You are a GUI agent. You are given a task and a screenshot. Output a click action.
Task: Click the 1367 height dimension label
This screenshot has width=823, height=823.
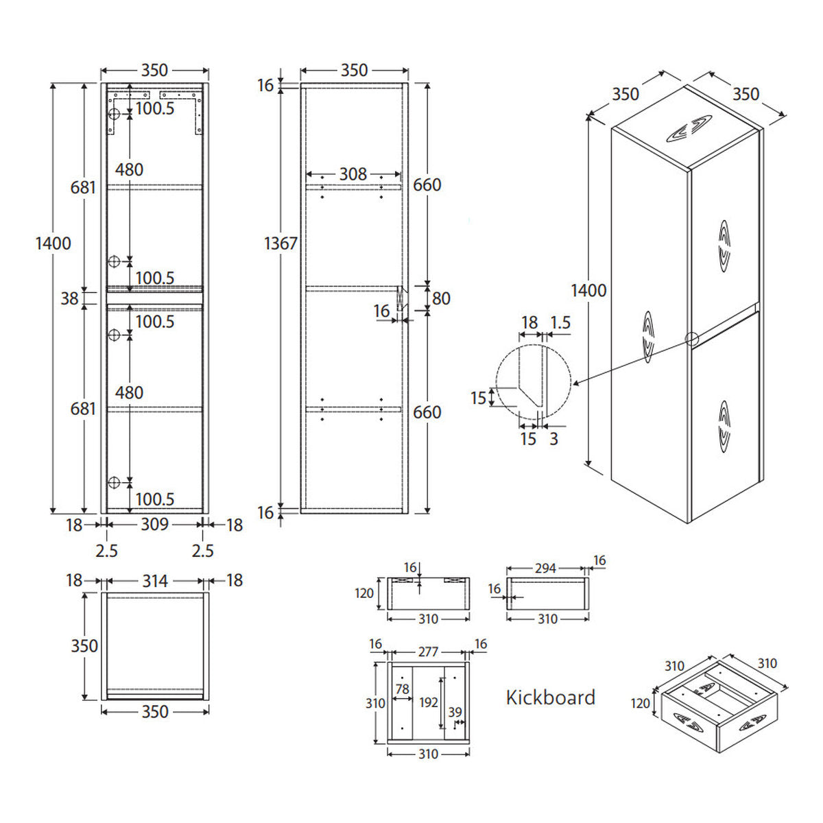pyautogui.click(x=281, y=243)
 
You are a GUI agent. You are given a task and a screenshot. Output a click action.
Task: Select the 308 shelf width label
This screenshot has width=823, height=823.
pyautogui.click(x=353, y=174)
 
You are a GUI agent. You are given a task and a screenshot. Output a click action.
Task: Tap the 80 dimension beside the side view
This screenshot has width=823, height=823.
pyautogui.click(x=441, y=298)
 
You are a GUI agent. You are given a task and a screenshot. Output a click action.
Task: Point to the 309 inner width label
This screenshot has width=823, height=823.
pyautogui.click(x=154, y=525)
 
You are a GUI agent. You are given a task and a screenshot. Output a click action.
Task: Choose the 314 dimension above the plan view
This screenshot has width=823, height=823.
pyautogui.click(x=154, y=581)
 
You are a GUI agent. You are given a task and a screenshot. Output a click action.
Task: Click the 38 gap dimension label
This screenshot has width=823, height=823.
pyautogui.click(x=70, y=298)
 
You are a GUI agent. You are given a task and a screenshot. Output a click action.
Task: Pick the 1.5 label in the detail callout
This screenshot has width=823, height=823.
pyautogui.click(x=560, y=322)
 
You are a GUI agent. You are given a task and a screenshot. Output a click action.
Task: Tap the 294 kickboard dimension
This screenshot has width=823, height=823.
pyautogui.click(x=545, y=569)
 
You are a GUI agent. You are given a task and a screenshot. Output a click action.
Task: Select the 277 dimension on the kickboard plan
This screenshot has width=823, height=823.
pyautogui.click(x=428, y=652)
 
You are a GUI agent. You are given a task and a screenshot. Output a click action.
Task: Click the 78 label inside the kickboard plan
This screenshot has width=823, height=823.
pyautogui.click(x=403, y=689)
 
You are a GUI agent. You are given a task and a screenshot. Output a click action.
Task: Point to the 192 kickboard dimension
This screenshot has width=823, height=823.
pyautogui.click(x=429, y=702)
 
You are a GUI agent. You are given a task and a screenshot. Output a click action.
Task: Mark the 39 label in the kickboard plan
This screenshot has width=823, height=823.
pyautogui.click(x=455, y=712)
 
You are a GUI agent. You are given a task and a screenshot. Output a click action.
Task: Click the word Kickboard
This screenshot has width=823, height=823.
pyautogui.click(x=551, y=697)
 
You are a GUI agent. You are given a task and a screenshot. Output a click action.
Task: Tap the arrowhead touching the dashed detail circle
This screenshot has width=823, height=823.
pyautogui.click(x=575, y=383)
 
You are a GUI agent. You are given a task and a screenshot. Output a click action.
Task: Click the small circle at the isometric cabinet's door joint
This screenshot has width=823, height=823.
pyautogui.click(x=691, y=339)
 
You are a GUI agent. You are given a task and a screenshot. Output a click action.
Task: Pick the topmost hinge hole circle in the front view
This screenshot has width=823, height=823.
pyautogui.click(x=114, y=114)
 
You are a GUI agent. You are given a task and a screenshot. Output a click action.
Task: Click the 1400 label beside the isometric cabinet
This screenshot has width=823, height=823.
pyautogui.click(x=588, y=291)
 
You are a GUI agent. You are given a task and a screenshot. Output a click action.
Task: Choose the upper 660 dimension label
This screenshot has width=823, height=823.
pyautogui.click(x=427, y=185)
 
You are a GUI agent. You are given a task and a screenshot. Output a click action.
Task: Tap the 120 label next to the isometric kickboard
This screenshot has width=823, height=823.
pyautogui.click(x=640, y=704)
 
